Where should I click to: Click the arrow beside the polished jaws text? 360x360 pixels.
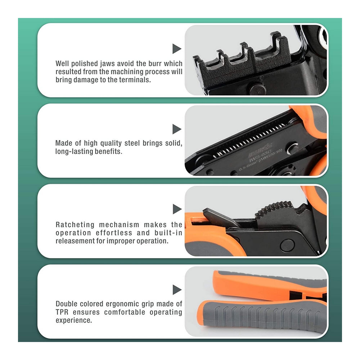(176, 49)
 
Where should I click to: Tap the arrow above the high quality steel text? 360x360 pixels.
(176, 129)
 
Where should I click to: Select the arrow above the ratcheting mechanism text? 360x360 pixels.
(176, 209)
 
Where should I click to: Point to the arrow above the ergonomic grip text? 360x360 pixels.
(176, 290)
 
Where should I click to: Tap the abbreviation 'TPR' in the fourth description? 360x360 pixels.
(63, 312)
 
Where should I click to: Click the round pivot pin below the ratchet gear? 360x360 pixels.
(287, 245)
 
